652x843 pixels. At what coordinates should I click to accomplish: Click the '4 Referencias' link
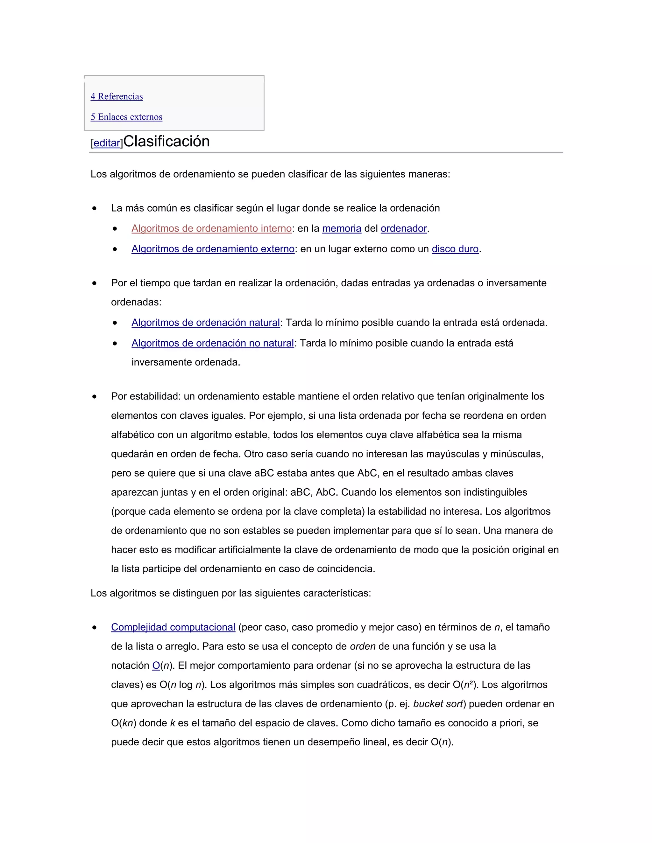(x=117, y=96)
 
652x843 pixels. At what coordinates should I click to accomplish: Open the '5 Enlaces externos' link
(x=126, y=117)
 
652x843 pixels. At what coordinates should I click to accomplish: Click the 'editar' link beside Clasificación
(x=107, y=143)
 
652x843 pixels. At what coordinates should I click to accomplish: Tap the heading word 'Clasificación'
(x=167, y=141)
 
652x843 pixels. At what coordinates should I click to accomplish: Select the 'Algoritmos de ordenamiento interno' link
(x=211, y=228)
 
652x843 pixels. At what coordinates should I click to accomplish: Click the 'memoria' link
(x=342, y=228)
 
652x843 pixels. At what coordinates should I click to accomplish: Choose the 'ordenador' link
(x=404, y=228)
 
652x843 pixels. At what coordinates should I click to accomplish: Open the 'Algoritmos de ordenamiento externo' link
(x=213, y=249)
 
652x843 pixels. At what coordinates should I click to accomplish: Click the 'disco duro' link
(x=455, y=249)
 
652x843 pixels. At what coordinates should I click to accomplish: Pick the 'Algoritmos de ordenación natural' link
(x=205, y=323)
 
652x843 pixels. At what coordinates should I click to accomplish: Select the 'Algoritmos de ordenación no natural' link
(x=212, y=343)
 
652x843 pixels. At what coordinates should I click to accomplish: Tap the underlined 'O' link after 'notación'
(x=156, y=665)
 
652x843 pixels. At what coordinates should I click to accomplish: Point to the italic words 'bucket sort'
(x=438, y=704)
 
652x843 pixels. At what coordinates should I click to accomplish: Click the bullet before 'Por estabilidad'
(x=95, y=397)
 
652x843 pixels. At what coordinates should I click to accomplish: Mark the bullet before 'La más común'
(x=95, y=208)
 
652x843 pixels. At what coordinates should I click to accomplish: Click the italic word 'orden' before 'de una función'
(x=362, y=646)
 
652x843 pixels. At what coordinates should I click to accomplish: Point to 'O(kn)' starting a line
(x=124, y=723)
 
